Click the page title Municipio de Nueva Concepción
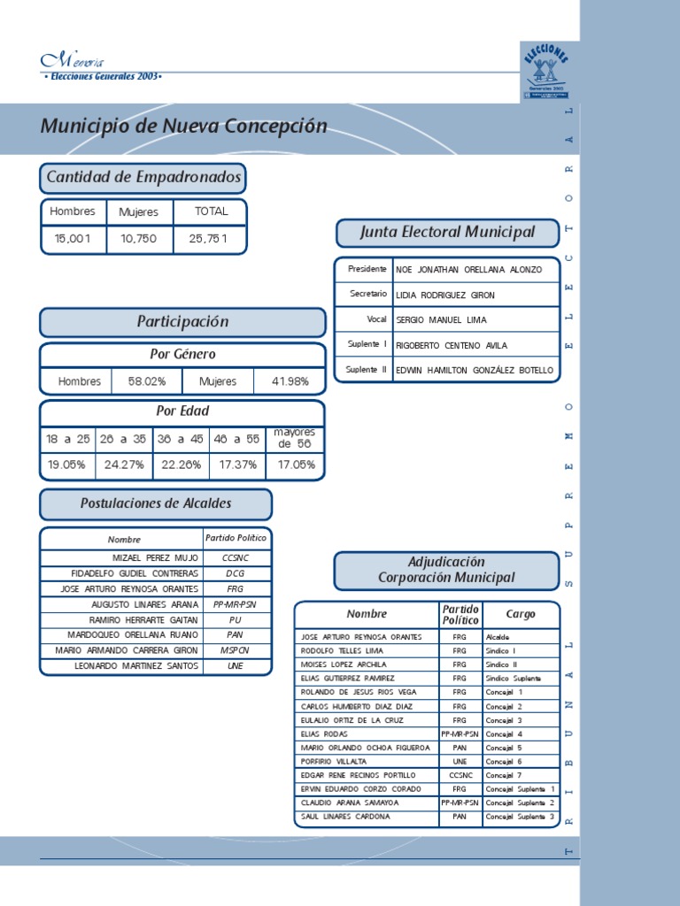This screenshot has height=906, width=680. [x=183, y=127]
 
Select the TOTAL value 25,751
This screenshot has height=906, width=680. [x=208, y=238]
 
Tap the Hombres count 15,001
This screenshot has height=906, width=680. [x=73, y=238]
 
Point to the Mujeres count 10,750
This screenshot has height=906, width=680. [x=139, y=238]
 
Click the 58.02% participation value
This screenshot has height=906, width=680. [x=146, y=381]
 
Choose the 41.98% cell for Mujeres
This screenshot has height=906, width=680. [x=290, y=381]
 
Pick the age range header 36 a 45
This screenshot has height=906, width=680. [x=180, y=438]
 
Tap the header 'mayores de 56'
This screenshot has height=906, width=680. [x=295, y=438]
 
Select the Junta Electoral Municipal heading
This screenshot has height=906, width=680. [x=447, y=233]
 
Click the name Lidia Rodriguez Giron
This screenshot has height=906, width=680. [x=445, y=295]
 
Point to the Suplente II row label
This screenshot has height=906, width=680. [x=366, y=370]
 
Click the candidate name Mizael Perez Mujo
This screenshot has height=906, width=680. [x=156, y=558]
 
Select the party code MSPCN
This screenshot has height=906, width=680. [x=236, y=650]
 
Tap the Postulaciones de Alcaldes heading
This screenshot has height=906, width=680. [x=156, y=503]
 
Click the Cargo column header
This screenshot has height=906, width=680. [x=521, y=614]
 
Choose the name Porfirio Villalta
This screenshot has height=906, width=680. [x=333, y=761]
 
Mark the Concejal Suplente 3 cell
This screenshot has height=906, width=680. [x=521, y=817]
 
